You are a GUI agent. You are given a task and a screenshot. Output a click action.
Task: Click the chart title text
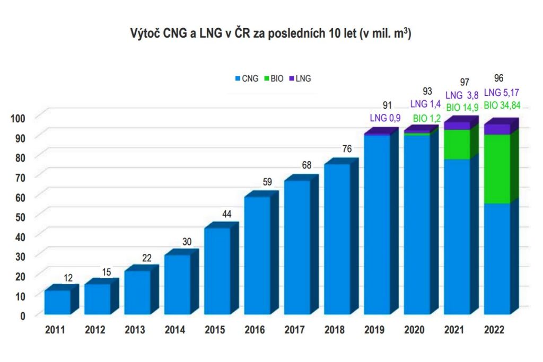271,34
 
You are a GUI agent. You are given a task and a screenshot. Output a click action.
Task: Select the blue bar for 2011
57,302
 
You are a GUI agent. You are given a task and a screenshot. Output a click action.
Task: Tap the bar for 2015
217,271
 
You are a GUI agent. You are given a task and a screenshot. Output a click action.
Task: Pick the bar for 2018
337,239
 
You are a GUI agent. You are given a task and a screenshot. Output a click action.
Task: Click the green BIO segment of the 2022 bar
497,169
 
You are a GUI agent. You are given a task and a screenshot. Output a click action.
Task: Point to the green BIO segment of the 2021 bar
457,144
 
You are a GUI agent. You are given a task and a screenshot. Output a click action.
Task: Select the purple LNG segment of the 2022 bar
497,129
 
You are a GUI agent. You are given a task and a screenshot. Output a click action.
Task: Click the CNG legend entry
247,78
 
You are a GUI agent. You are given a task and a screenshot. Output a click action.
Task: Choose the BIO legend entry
275,78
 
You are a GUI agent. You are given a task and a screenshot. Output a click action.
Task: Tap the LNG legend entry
301,78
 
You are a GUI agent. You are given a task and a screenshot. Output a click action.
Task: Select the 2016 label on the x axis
255,330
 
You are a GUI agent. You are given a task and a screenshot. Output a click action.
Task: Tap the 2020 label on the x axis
415,330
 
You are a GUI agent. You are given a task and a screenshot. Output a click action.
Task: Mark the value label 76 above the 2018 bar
346,148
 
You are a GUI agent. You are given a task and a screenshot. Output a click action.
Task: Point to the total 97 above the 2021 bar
465,82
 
